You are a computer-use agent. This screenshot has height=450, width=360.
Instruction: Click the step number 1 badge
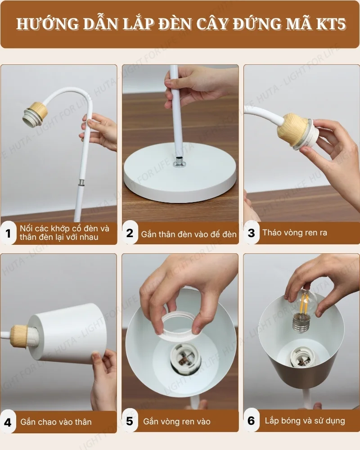point(8,233)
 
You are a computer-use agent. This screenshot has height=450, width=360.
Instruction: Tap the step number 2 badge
point(130,233)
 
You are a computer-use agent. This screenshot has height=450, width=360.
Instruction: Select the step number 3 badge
point(252,233)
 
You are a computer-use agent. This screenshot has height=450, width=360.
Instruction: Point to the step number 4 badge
point(8,422)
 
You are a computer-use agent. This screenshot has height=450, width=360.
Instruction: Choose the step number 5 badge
point(130,421)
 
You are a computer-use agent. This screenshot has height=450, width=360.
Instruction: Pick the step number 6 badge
point(252,421)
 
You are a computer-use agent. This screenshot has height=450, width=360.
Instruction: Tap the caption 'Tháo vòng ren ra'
point(295,233)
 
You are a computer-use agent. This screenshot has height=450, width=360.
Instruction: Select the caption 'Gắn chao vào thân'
point(56,422)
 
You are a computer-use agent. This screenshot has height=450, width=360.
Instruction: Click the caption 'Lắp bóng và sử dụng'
point(305,421)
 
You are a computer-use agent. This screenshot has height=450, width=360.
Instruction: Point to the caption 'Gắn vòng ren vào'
point(177,422)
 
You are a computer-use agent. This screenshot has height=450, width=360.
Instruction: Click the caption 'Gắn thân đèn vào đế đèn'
point(189,234)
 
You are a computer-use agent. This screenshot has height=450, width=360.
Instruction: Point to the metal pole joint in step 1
point(81,183)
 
